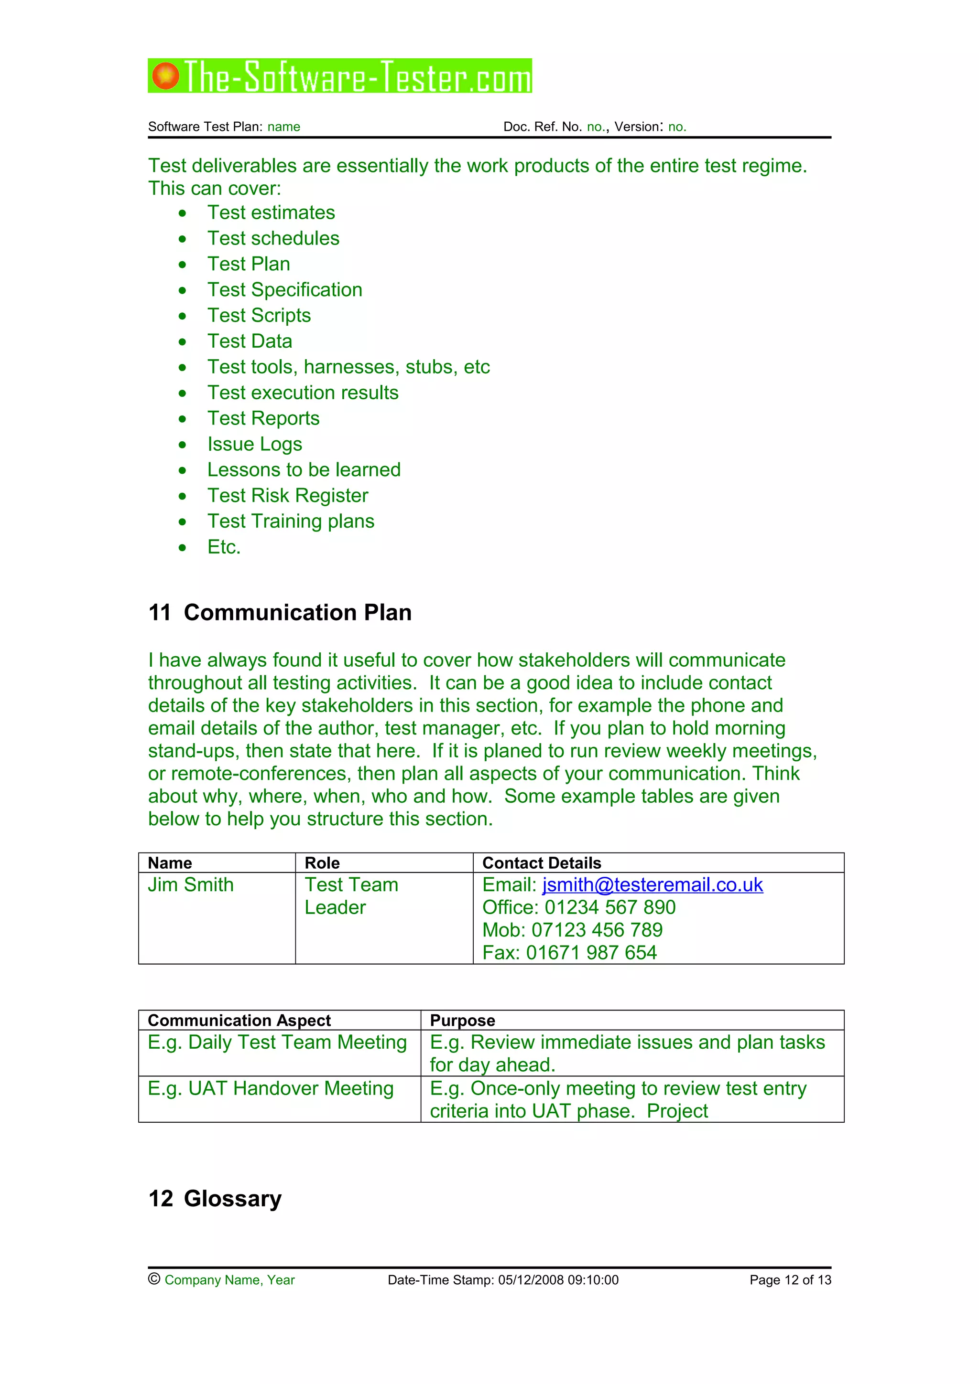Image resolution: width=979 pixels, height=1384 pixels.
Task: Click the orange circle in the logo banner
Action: tap(165, 76)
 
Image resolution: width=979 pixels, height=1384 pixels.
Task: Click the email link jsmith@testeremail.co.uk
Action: tap(652, 884)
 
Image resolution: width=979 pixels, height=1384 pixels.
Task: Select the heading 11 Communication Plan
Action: tap(280, 612)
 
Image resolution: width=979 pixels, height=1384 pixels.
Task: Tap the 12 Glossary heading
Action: tap(215, 1198)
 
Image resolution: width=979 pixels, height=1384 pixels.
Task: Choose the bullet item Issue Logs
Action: tap(255, 444)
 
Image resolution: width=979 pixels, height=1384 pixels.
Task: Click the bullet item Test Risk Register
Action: tap(288, 496)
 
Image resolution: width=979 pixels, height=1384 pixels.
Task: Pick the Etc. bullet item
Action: tap(224, 547)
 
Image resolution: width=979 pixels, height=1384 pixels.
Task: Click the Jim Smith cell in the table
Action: tap(191, 885)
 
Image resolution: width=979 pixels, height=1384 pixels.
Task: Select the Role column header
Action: tap(322, 862)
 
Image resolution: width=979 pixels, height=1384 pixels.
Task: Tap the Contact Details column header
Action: tap(541, 862)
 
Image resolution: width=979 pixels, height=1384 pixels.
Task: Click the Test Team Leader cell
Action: tap(351, 896)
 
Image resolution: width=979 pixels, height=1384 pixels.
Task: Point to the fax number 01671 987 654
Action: tap(591, 952)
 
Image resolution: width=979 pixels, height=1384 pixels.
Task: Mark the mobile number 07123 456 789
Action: tap(597, 930)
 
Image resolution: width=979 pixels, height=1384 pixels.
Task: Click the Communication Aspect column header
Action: tap(239, 1020)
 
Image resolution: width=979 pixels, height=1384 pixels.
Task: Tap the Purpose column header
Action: tap(462, 1020)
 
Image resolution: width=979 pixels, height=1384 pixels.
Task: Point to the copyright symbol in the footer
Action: tap(154, 1278)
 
